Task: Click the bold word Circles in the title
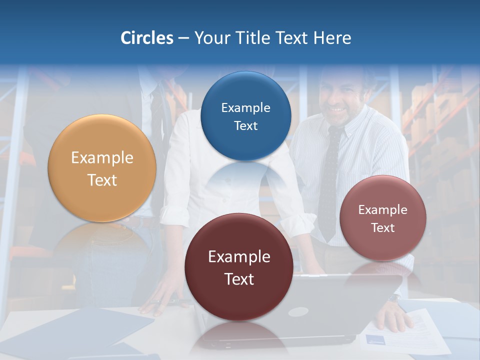coord(147,38)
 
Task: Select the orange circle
coord(102,168)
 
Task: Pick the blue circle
coord(245,116)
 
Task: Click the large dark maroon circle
coord(239,267)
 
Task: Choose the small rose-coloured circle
coord(383,218)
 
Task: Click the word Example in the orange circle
coord(102,158)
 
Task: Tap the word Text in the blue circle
coord(245,125)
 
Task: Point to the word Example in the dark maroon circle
coord(239,257)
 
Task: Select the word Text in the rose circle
coord(383,228)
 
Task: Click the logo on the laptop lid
coord(298,312)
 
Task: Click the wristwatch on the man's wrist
coord(394,298)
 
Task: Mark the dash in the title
coord(183,38)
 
